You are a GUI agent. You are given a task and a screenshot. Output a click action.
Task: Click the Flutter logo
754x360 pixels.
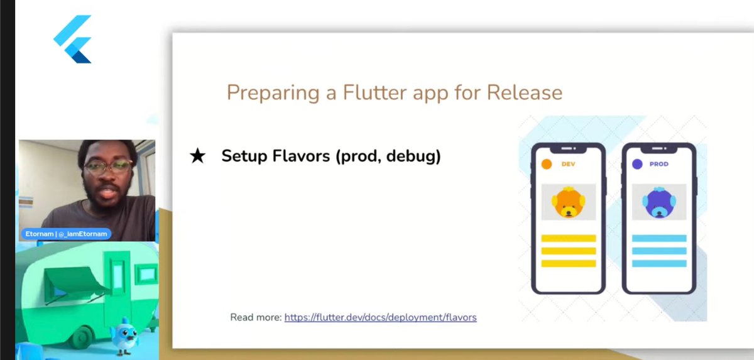click(x=74, y=39)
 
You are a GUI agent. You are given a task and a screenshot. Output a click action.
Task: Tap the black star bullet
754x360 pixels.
click(x=197, y=156)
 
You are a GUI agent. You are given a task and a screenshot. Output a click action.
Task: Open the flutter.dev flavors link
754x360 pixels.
click(x=380, y=317)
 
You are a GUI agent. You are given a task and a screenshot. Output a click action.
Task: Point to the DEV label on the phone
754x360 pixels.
click(x=569, y=164)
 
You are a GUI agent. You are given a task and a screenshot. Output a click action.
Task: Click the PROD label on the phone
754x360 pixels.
click(x=659, y=164)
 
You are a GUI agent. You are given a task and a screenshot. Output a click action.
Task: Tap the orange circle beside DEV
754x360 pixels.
click(x=547, y=164)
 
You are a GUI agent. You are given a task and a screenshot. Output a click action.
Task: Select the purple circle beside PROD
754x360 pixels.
click(x=637, y=164)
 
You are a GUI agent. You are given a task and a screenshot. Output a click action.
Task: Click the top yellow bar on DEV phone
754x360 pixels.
click(x=569, y=238)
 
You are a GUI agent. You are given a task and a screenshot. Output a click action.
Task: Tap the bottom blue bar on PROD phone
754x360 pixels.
click(x=658, y=263)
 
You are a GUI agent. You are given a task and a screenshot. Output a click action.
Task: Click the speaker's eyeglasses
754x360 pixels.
click(x=108, y=168)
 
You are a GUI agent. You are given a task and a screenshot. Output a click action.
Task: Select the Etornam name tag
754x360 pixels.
click(x=66, y=234)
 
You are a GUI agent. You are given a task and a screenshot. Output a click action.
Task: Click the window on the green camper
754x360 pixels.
click(x=147, y=273)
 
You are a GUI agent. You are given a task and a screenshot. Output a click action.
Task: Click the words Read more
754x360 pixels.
click(x=256, y=317)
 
